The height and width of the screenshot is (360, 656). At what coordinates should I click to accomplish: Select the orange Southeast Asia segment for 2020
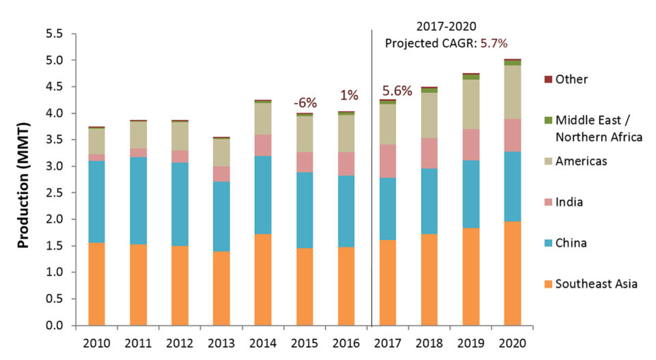click(512, 273)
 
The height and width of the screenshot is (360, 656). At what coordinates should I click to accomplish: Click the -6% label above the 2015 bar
click(305, 103)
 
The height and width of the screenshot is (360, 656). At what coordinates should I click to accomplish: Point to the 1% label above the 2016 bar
click(346, 96)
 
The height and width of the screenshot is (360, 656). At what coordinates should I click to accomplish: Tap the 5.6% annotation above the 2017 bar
click(397, 90)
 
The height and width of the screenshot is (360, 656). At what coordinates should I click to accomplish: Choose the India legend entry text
click(571, 202)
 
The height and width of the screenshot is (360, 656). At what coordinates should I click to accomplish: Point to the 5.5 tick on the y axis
click(55, 33)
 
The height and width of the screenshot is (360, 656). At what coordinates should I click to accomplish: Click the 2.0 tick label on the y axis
click(55, 219)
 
